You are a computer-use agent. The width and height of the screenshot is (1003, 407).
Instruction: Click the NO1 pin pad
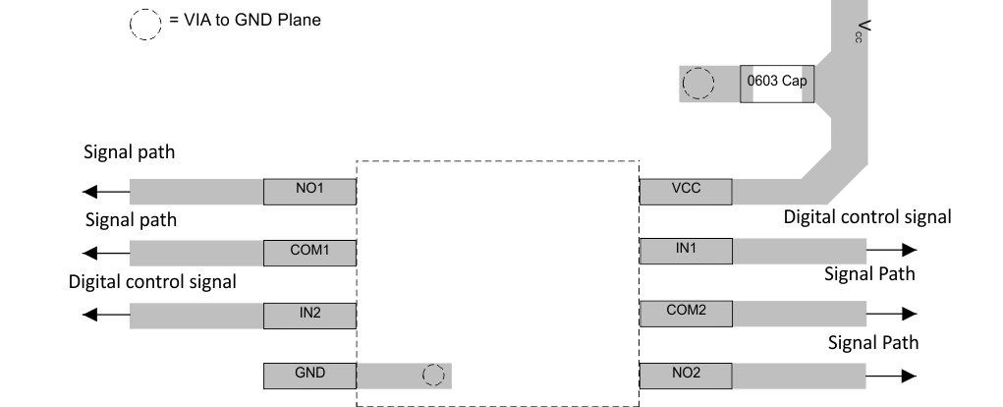point(308,191)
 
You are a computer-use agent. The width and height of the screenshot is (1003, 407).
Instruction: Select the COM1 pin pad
point(308,253)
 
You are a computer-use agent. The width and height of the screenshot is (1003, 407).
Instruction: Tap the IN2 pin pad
point(308,316)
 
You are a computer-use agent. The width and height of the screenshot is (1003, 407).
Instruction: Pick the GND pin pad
point(308,376)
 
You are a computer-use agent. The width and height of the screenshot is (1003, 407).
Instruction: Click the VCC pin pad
point(685,191)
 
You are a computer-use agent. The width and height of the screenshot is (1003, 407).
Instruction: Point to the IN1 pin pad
point(685,251)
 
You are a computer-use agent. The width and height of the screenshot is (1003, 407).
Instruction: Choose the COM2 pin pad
point(685,314)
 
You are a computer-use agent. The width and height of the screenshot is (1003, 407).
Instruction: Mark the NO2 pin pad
point(685,376)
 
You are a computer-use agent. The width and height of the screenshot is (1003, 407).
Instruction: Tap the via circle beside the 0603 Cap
point(698,84)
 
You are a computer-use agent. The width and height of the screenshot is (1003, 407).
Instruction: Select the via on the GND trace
point(432,376)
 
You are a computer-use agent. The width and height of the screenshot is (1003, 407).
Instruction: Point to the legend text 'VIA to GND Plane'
point(246,20)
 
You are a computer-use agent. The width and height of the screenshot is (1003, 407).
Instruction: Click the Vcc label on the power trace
point(862,31)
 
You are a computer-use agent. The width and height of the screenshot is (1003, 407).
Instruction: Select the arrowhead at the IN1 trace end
point(909,252)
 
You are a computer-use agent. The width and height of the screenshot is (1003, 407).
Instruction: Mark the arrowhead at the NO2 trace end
point(909,376)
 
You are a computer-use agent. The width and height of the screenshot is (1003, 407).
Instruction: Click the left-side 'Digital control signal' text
point(152,282)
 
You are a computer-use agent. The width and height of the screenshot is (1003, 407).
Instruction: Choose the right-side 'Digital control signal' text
point(866,216)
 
